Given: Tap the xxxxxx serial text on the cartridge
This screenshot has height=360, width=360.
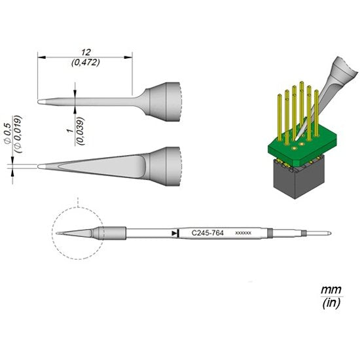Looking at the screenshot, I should pyautogui.click(x=242, y=233).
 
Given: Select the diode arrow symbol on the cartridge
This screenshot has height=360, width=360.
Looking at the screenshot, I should pyautogui.click(x=174, y=232).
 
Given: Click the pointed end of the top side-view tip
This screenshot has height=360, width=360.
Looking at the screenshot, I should pyautogui.click(x=41, y=101).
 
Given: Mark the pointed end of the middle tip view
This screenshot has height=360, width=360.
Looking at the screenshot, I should pyautogui.click(x=41, y=165).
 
